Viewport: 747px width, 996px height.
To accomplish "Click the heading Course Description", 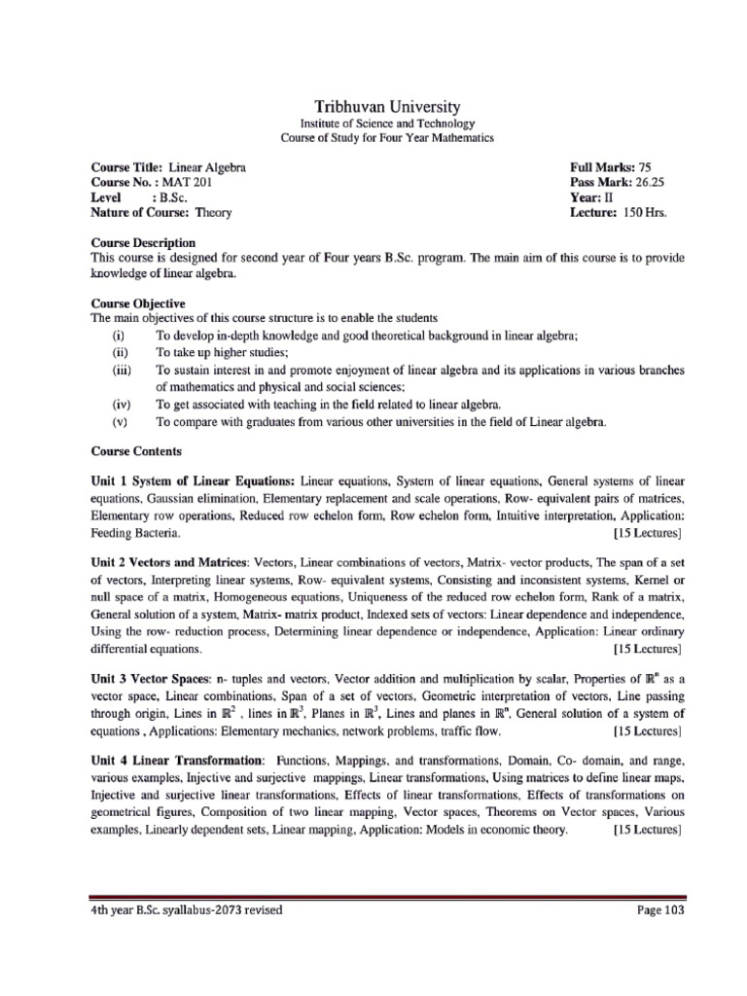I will click(143, 242).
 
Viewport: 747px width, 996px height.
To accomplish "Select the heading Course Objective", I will click(137, 303).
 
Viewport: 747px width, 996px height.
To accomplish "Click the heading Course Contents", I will click(135, 451).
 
